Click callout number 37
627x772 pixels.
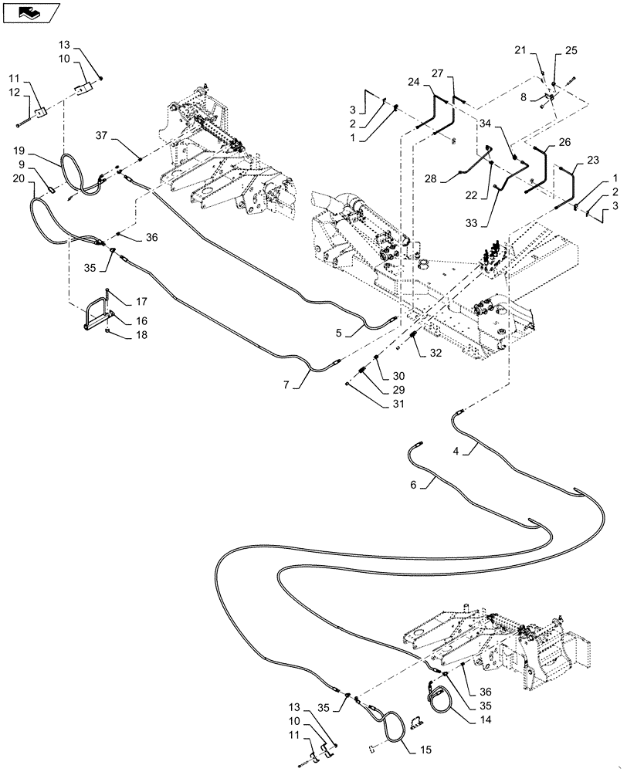point(101,135)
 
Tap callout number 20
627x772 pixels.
point(19,177)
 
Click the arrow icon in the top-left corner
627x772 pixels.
point(31,12)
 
